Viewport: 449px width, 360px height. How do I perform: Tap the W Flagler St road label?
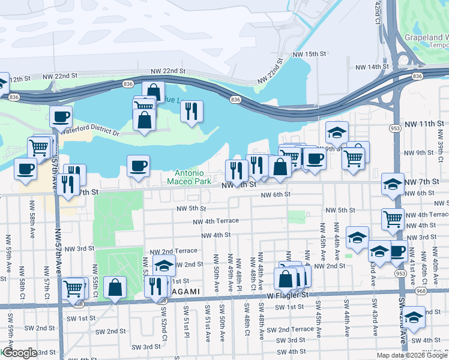click(x=288, y=295)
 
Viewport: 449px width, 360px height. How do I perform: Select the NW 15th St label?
click(x=309, y=54)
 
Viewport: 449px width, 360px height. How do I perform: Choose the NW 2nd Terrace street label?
click(x=173, y=251)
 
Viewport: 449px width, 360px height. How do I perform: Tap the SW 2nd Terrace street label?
click(x=290, y=329)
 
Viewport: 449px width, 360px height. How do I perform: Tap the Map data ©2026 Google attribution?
click(x=412, y=355)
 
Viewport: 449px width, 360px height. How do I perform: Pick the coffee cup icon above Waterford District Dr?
click(x=61, y=116)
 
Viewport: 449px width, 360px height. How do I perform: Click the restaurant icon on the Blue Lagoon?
click(x=191, y=110)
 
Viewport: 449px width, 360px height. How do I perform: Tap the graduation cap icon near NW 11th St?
click(x=337, y=132)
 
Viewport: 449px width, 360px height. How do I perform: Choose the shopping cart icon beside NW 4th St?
click(x=393, y=219)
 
